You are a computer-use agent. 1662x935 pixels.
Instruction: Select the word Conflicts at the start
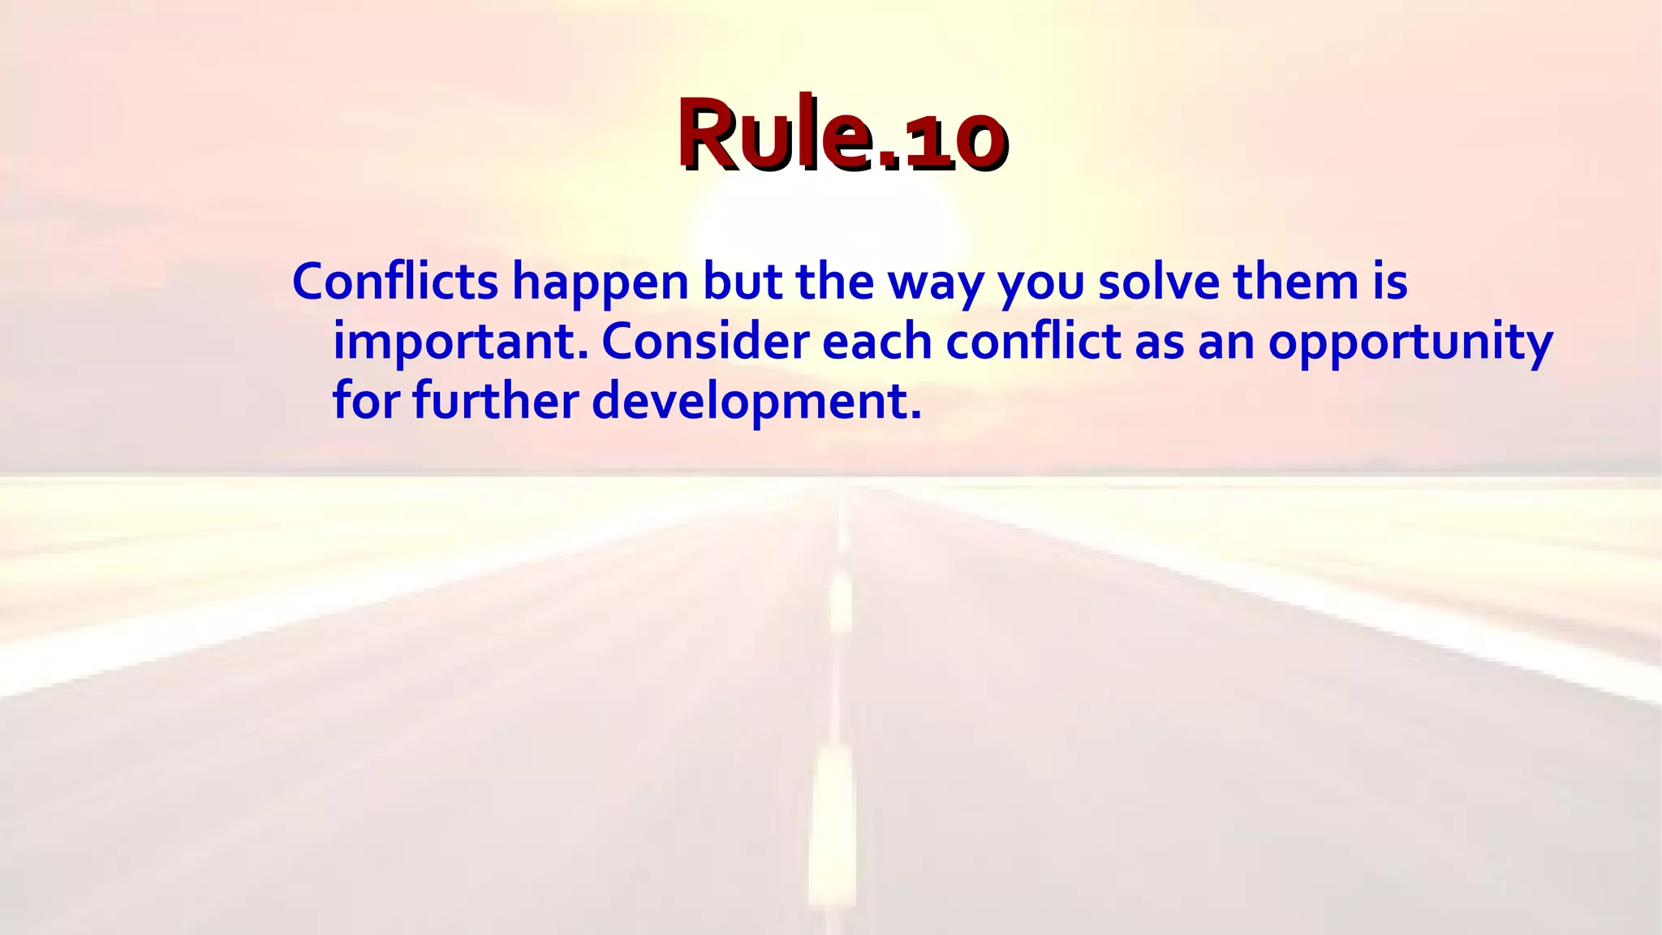coord(395,282)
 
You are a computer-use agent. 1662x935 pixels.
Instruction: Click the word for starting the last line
coord(365,401)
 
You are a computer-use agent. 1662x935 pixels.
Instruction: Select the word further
coord(495,401)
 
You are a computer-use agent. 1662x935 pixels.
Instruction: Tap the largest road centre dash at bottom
coord(831,828)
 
